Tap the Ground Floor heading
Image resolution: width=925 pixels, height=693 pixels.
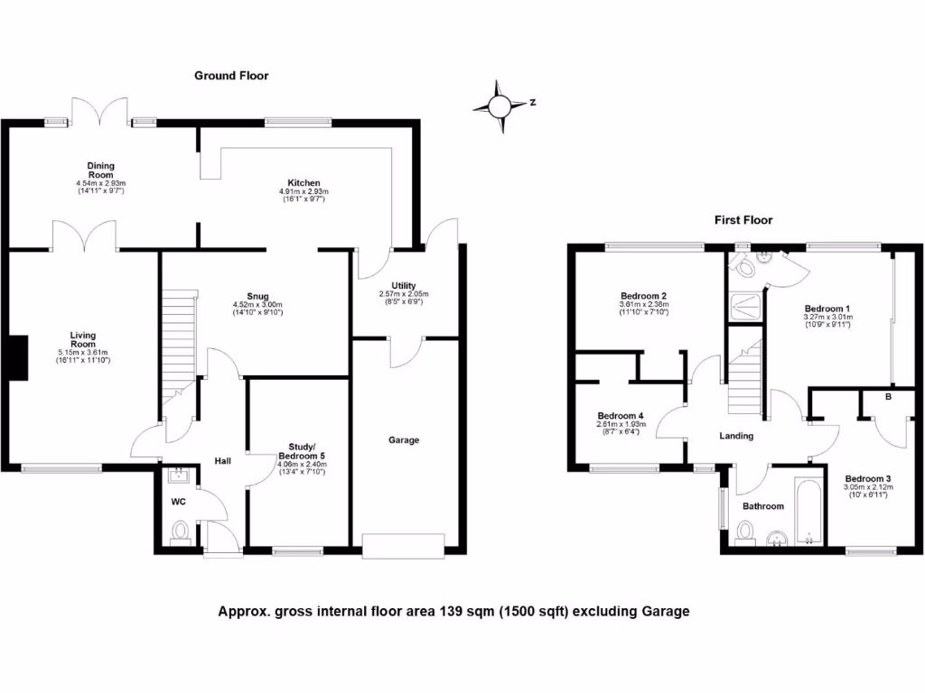231,76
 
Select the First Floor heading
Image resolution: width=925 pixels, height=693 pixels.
743,219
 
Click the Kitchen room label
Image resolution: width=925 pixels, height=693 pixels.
304,182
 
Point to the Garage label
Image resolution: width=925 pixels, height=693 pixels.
404,440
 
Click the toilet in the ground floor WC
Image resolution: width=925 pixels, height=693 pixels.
180,531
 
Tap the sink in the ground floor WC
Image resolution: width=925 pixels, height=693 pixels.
176,476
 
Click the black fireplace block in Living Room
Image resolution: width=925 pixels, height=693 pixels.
18,358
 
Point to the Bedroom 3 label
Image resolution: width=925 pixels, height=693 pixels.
868,478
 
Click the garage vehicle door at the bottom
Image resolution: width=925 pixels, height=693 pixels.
403,542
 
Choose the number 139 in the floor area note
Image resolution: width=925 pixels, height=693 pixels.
452,611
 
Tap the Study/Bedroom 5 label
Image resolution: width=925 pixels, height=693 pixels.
302,451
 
